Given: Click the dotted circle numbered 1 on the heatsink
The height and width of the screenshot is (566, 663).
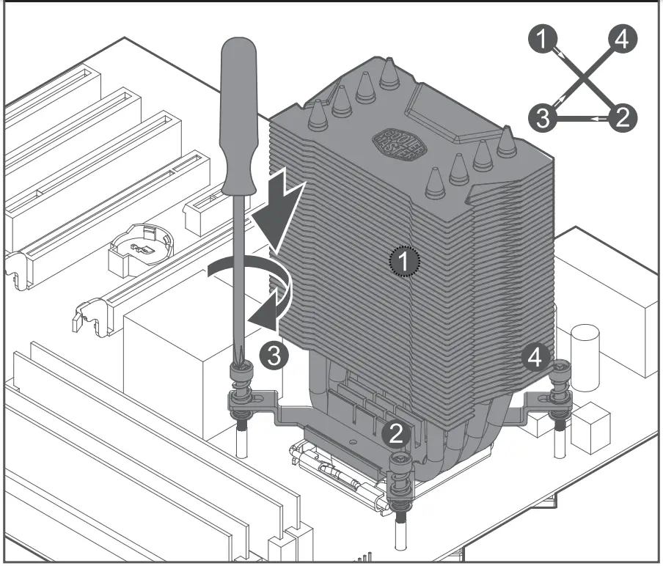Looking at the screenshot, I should (403, 260).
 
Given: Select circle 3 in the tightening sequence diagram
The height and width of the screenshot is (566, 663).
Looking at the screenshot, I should (543, 117).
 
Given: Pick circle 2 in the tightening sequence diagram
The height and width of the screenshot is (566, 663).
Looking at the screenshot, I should (622, 117).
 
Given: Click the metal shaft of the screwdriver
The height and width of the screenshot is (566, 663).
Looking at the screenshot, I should (238, 279).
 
